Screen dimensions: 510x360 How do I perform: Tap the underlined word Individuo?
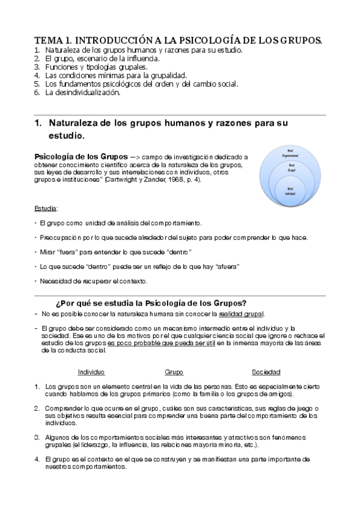tap(91, 372)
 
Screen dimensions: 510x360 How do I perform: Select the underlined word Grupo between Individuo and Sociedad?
tap(174, 372)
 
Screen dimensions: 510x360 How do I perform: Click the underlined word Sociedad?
tap(266, 372)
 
